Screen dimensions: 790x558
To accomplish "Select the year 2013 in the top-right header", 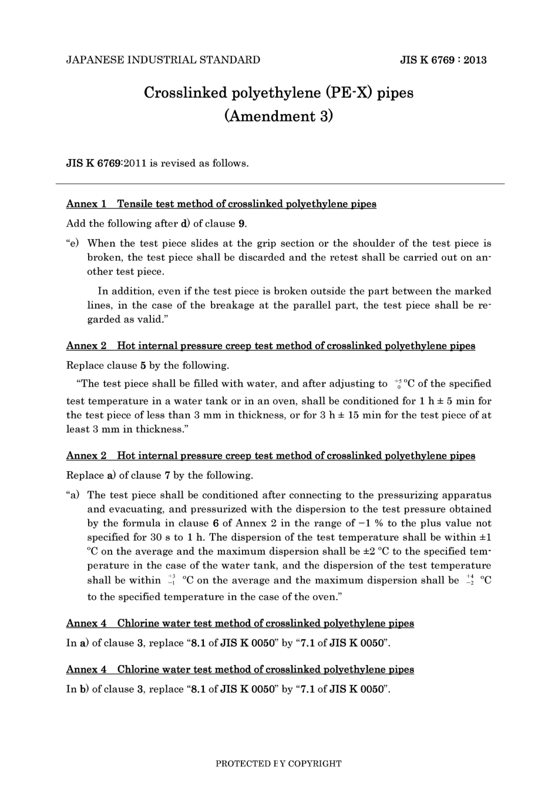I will point(475,60).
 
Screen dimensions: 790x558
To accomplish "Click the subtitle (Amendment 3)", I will point(278,116).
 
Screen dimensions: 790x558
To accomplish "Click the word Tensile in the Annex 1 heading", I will point(135,204).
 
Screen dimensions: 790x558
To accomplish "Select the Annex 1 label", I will point(86,204).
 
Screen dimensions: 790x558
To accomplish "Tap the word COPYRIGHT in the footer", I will point(314,764).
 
